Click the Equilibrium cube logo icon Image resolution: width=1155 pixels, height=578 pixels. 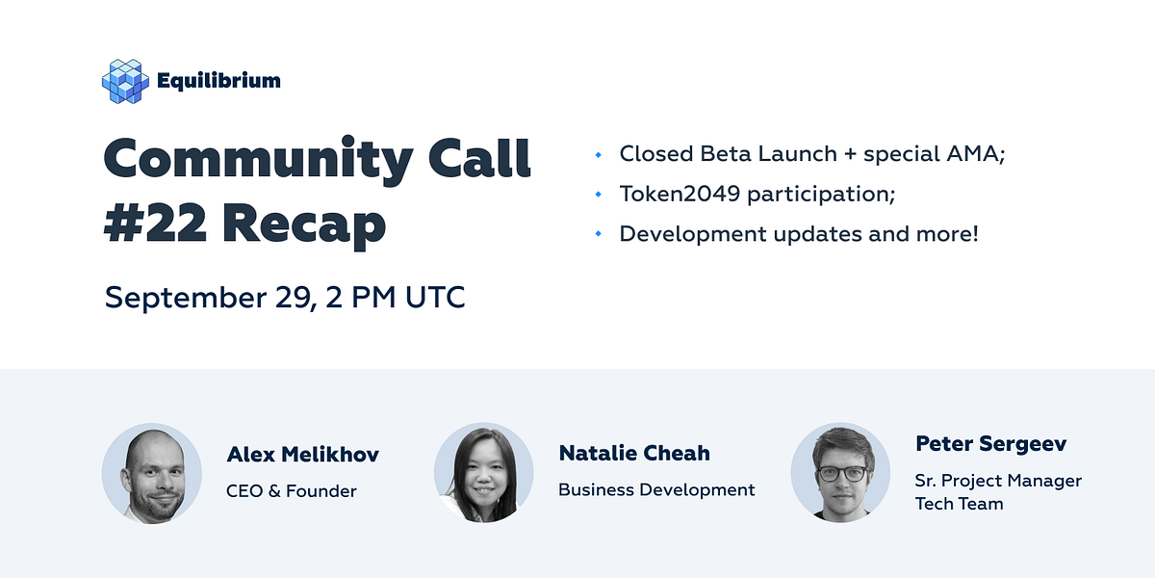tap(125, 81)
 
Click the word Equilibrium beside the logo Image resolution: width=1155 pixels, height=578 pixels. tap(218, 81)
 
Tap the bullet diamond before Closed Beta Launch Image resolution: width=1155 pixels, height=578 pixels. tap(599, 154)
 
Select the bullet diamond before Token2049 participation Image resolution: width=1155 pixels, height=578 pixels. tap(599, 195)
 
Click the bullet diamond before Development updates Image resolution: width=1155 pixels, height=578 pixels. tap(599, 234)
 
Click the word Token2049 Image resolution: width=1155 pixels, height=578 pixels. tap(680, 194)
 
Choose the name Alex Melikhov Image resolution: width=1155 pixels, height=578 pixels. tap(302, 455)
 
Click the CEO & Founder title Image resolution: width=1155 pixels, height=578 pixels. tap(292, 491)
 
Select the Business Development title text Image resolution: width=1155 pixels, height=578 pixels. tap(656, 489)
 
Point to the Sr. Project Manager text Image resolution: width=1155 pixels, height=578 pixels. tap(998, 480)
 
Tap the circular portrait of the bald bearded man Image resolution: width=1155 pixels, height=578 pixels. tap(152, 473)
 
